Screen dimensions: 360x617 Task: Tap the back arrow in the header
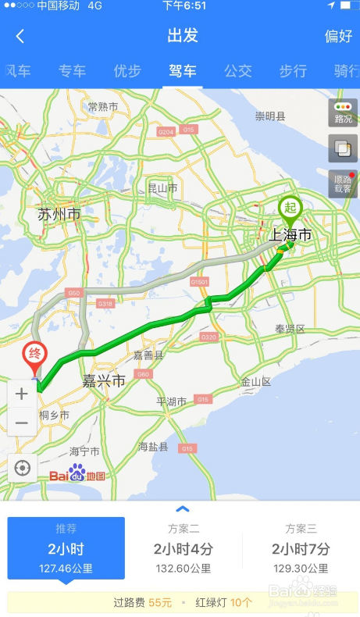coord(20,36)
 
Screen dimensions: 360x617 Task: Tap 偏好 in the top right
coord(338,36)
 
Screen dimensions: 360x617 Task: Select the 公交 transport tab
coord(238,71)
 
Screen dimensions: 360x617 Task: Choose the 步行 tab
coord(293,71)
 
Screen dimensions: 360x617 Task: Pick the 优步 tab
coord(127,71)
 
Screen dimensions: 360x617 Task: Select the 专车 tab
coord(72,71)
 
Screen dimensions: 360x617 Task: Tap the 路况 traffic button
coord(343,112)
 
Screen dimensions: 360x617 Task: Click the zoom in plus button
coord(22,394)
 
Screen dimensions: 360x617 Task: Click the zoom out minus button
coord(22,423)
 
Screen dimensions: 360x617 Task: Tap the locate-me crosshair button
coord(22,468)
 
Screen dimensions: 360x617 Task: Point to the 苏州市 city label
coord(59,214)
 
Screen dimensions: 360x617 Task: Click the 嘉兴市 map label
coord(104,381)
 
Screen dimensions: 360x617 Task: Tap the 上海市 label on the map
coord(290,234)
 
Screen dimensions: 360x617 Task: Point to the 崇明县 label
coord(270,116)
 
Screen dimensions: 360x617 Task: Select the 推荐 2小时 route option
coord(66,548)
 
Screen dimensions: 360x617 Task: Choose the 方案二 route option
coord(183,548)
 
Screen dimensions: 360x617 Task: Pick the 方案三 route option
coord(301,548)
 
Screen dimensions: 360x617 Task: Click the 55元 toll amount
coord(160,602)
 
